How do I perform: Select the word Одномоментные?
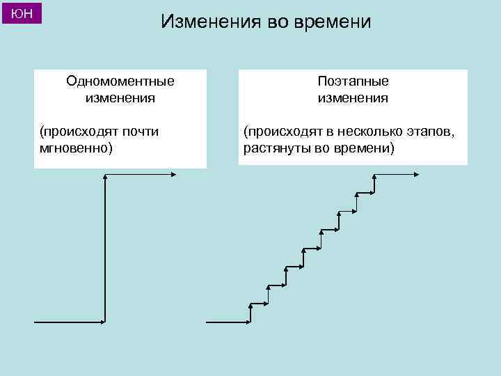pos(120,81)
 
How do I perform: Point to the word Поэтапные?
pos(353,81)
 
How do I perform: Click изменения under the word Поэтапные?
pos(353,97)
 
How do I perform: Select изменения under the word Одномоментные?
pos(120,97)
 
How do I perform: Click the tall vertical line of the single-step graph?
pos(104,251)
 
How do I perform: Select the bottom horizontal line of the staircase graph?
pos(228,322)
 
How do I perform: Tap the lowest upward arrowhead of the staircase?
pos(251,306)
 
